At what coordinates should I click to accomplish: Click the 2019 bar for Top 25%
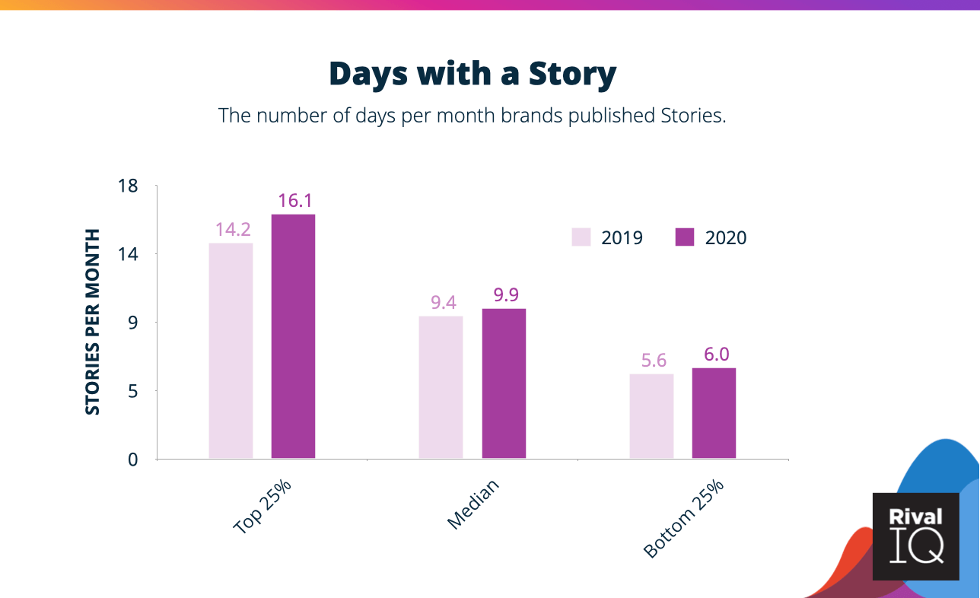(231, 351)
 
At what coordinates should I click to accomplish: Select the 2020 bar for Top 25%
(293, 336)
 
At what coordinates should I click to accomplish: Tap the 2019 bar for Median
(441, 387)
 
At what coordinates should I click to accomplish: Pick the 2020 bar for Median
(504, 383)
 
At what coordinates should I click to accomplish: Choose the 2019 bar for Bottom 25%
(651, 416)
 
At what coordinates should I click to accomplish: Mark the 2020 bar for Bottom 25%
(714, 413)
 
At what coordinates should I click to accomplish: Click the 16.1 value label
(295, 201)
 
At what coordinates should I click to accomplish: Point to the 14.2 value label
(233, 230)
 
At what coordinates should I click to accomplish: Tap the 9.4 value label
(443, 302)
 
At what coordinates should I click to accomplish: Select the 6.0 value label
(717, 355)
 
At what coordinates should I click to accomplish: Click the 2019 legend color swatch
(581, 237)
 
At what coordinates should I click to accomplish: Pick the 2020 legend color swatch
(685, 237)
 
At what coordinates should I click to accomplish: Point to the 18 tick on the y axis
(128, 186)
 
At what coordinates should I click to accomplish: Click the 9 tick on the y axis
(132, 323)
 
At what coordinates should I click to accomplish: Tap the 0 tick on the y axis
(132, 460)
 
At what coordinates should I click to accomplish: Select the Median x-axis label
(473, 504)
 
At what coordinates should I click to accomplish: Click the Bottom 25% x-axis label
(683, 518)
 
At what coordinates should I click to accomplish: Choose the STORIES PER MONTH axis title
(92, 322)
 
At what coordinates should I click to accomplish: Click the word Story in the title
(572, 74)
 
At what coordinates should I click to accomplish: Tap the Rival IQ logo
(915, 536)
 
